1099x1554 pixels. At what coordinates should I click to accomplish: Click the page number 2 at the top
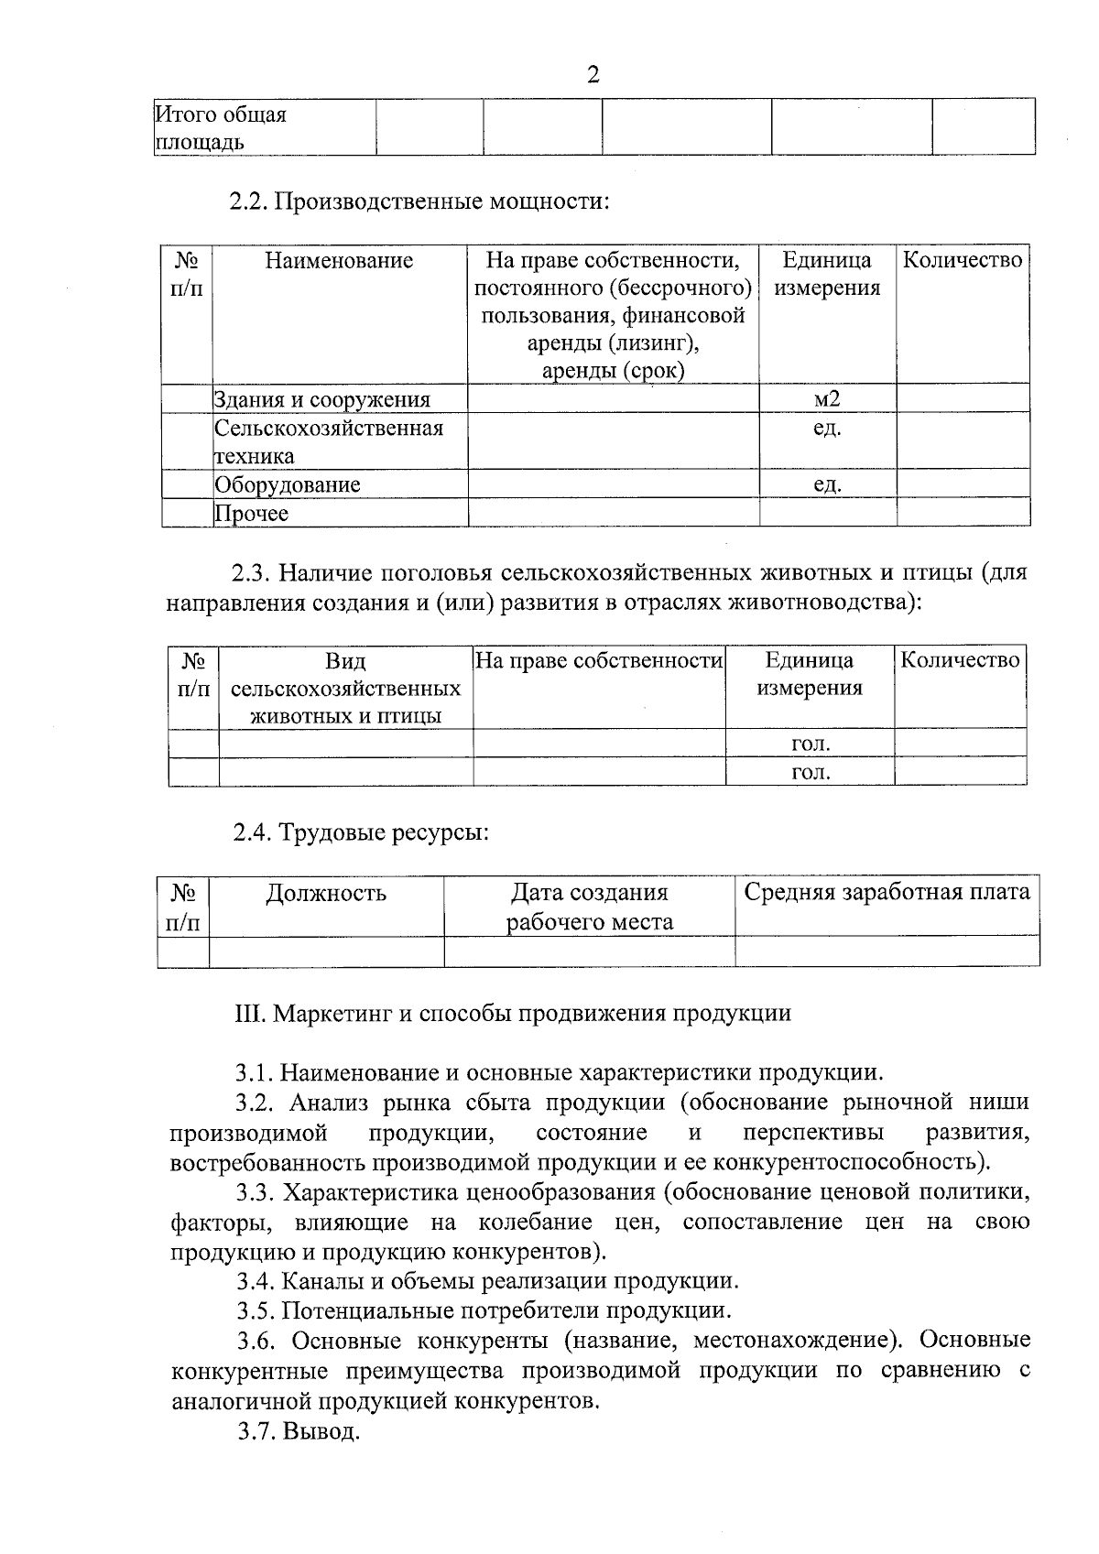[593, 75]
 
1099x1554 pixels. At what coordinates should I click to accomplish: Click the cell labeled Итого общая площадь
[221, 128]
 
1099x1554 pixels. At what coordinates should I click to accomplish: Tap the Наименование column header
[339, 261]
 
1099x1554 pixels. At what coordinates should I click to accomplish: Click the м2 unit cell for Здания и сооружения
[827, 398]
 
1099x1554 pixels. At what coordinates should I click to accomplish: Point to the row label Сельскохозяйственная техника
[329, 441]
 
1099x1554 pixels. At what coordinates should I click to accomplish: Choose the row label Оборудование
[288, 484]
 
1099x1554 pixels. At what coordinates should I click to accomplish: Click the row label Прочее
[252, 513]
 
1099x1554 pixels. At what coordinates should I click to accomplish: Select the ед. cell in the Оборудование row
[827, 484]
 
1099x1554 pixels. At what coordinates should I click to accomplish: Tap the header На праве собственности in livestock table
[599, 660]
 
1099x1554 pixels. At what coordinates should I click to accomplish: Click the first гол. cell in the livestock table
[810, 744]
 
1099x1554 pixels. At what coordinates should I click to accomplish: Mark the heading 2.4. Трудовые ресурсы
[360, 833]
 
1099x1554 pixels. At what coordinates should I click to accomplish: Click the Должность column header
[326, 893]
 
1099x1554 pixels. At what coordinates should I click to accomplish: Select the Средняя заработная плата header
[887, 892]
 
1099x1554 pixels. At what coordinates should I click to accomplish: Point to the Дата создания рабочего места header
[590, 907]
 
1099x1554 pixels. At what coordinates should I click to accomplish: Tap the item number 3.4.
[256, 1281]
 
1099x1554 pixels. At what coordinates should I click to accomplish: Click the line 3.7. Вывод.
[298, 1431]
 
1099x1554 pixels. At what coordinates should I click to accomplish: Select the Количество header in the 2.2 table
[963, 261]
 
